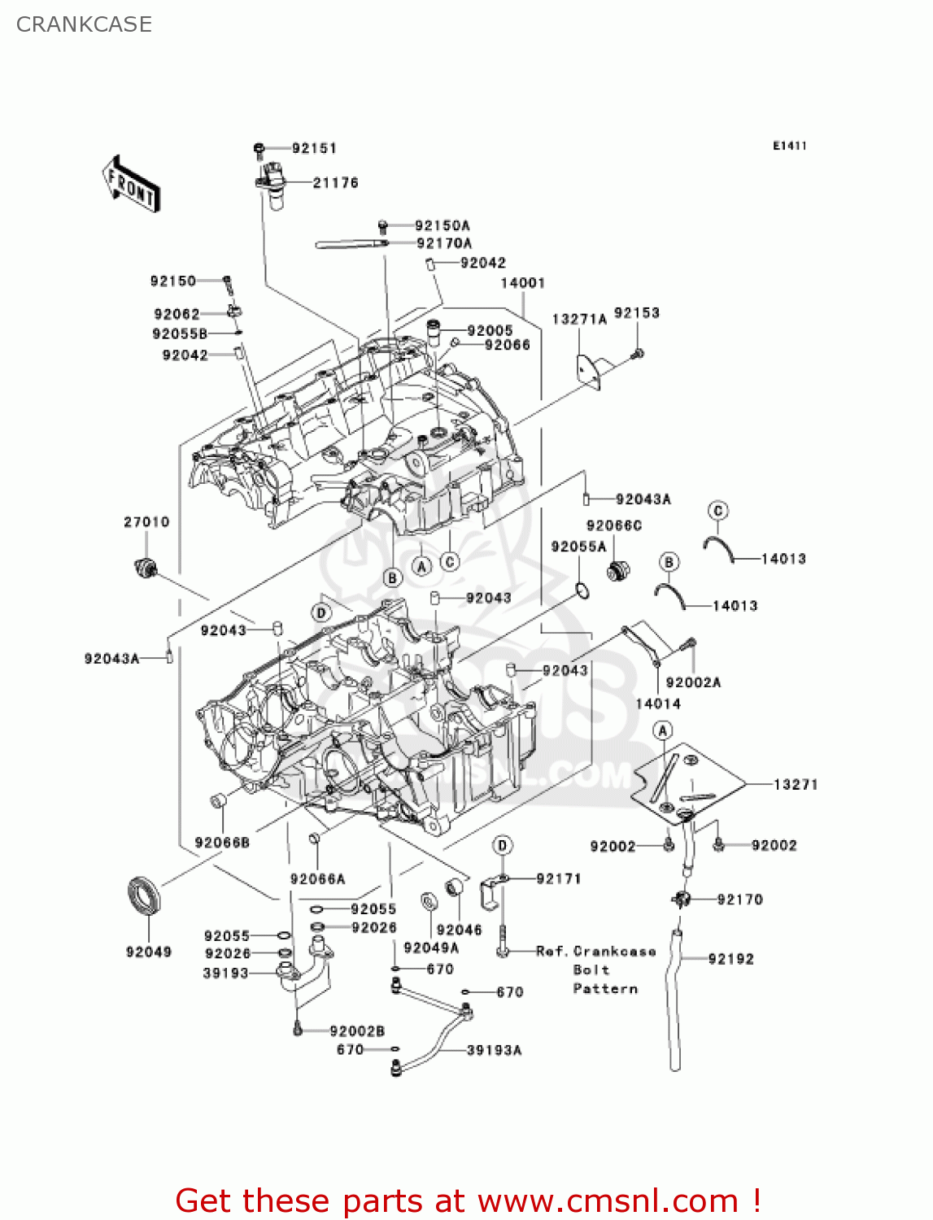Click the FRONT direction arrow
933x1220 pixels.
point(131,185)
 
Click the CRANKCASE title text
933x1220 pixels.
point(84,24)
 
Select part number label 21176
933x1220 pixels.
point(335,183)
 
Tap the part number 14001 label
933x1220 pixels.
point(522,283)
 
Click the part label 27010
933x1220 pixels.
point(146,522)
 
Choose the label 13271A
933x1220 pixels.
point(579,319)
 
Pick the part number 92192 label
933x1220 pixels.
point(730,959)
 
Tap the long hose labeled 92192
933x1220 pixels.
point(675,1000)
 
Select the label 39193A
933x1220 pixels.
point(494,1050)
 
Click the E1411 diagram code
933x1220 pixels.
point(789,146)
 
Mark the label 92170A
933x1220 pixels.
point(444,243)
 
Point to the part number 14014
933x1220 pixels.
point(658,704)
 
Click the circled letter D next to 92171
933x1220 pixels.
point(503,845)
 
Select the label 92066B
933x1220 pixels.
point(222,843)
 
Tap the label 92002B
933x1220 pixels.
point(357,1031)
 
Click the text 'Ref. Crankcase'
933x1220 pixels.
point(596,951)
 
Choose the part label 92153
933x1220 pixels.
point(636,313)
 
